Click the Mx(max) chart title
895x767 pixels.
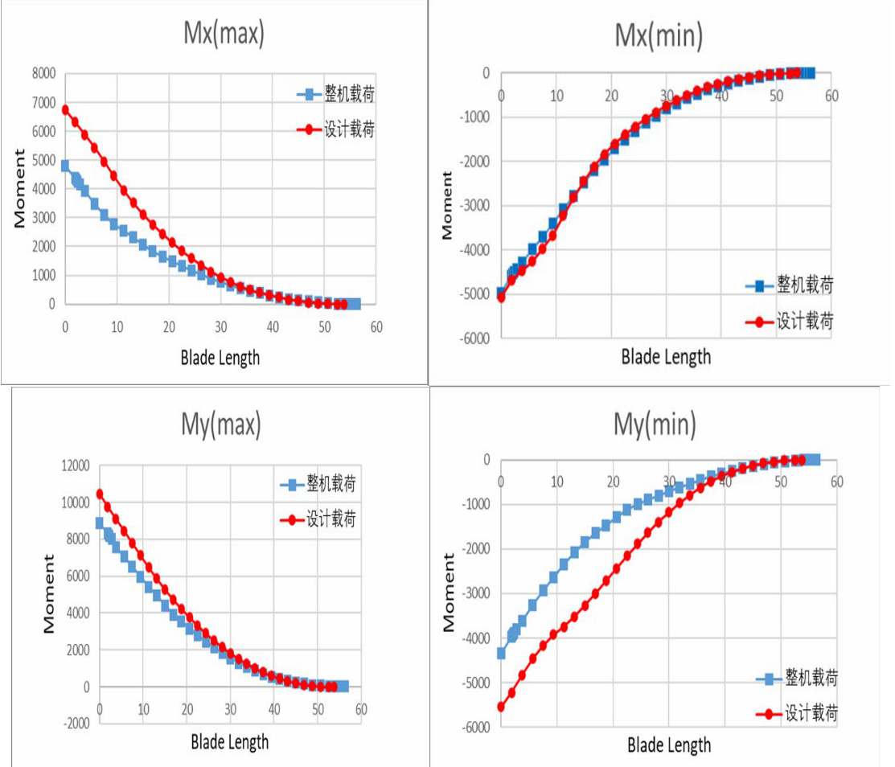tap(223, 34)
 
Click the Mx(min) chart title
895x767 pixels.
tap(659, 35)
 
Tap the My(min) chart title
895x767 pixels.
tap(655, 424)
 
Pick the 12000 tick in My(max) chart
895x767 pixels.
tap(73, 466)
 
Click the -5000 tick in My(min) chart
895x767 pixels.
tap(475, 683)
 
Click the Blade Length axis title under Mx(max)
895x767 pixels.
tap(220, 358)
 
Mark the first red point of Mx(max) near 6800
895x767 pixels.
tap(65, 109)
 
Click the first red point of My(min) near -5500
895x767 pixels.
tap(501, 707)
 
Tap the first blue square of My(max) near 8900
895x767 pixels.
tap(100, 523)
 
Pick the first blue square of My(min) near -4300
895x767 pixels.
tap(501, 654)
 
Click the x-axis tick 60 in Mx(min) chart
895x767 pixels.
tap(831, 96)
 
